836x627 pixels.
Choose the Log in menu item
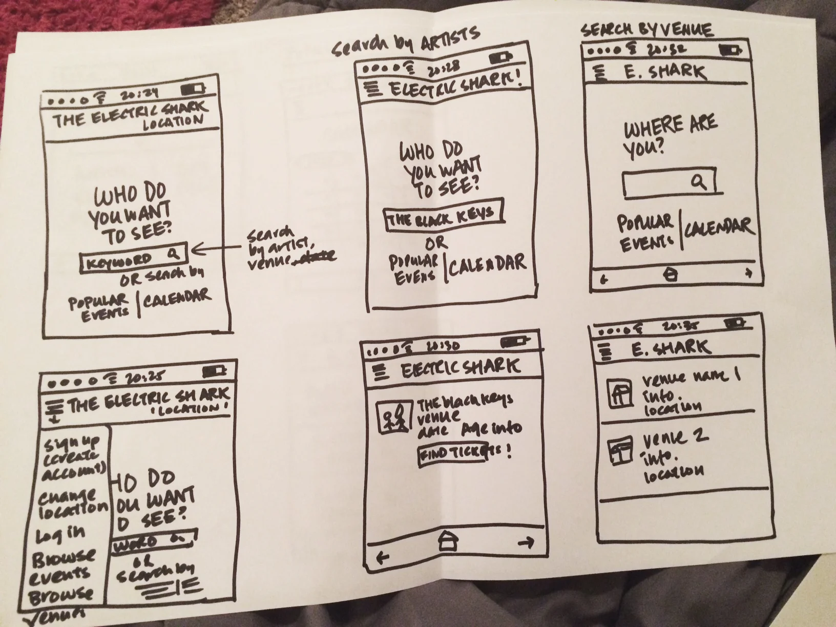coord(60,534)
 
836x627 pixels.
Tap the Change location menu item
coord(72,502)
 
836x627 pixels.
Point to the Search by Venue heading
coord(646,30)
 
